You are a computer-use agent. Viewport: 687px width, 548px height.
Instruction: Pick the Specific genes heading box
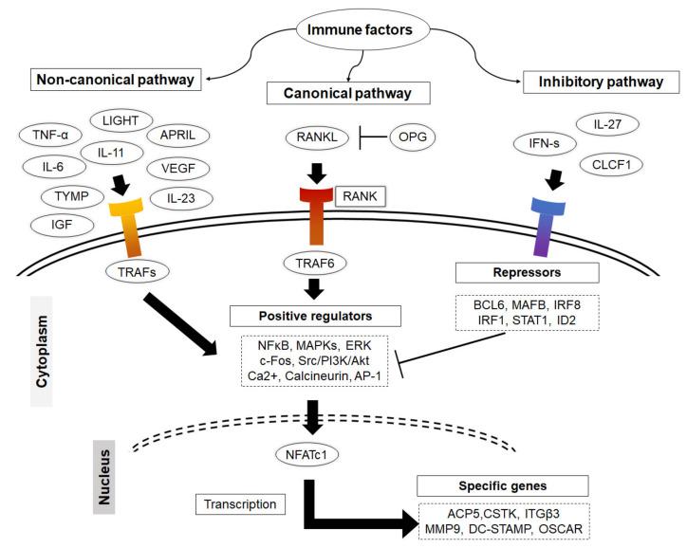496,484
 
